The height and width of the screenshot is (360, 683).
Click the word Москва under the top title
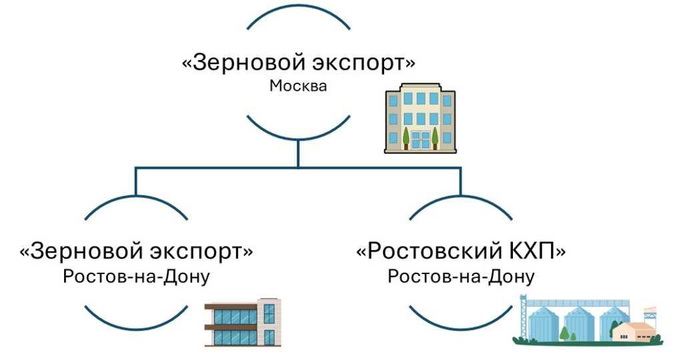coord(298,86)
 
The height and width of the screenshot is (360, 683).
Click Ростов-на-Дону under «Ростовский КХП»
coord(461,275)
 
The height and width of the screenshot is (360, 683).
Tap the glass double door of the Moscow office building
coord(420,140)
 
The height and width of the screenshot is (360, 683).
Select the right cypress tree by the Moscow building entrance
coord(436,136)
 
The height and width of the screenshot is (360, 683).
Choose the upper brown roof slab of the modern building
coord(231,306)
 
